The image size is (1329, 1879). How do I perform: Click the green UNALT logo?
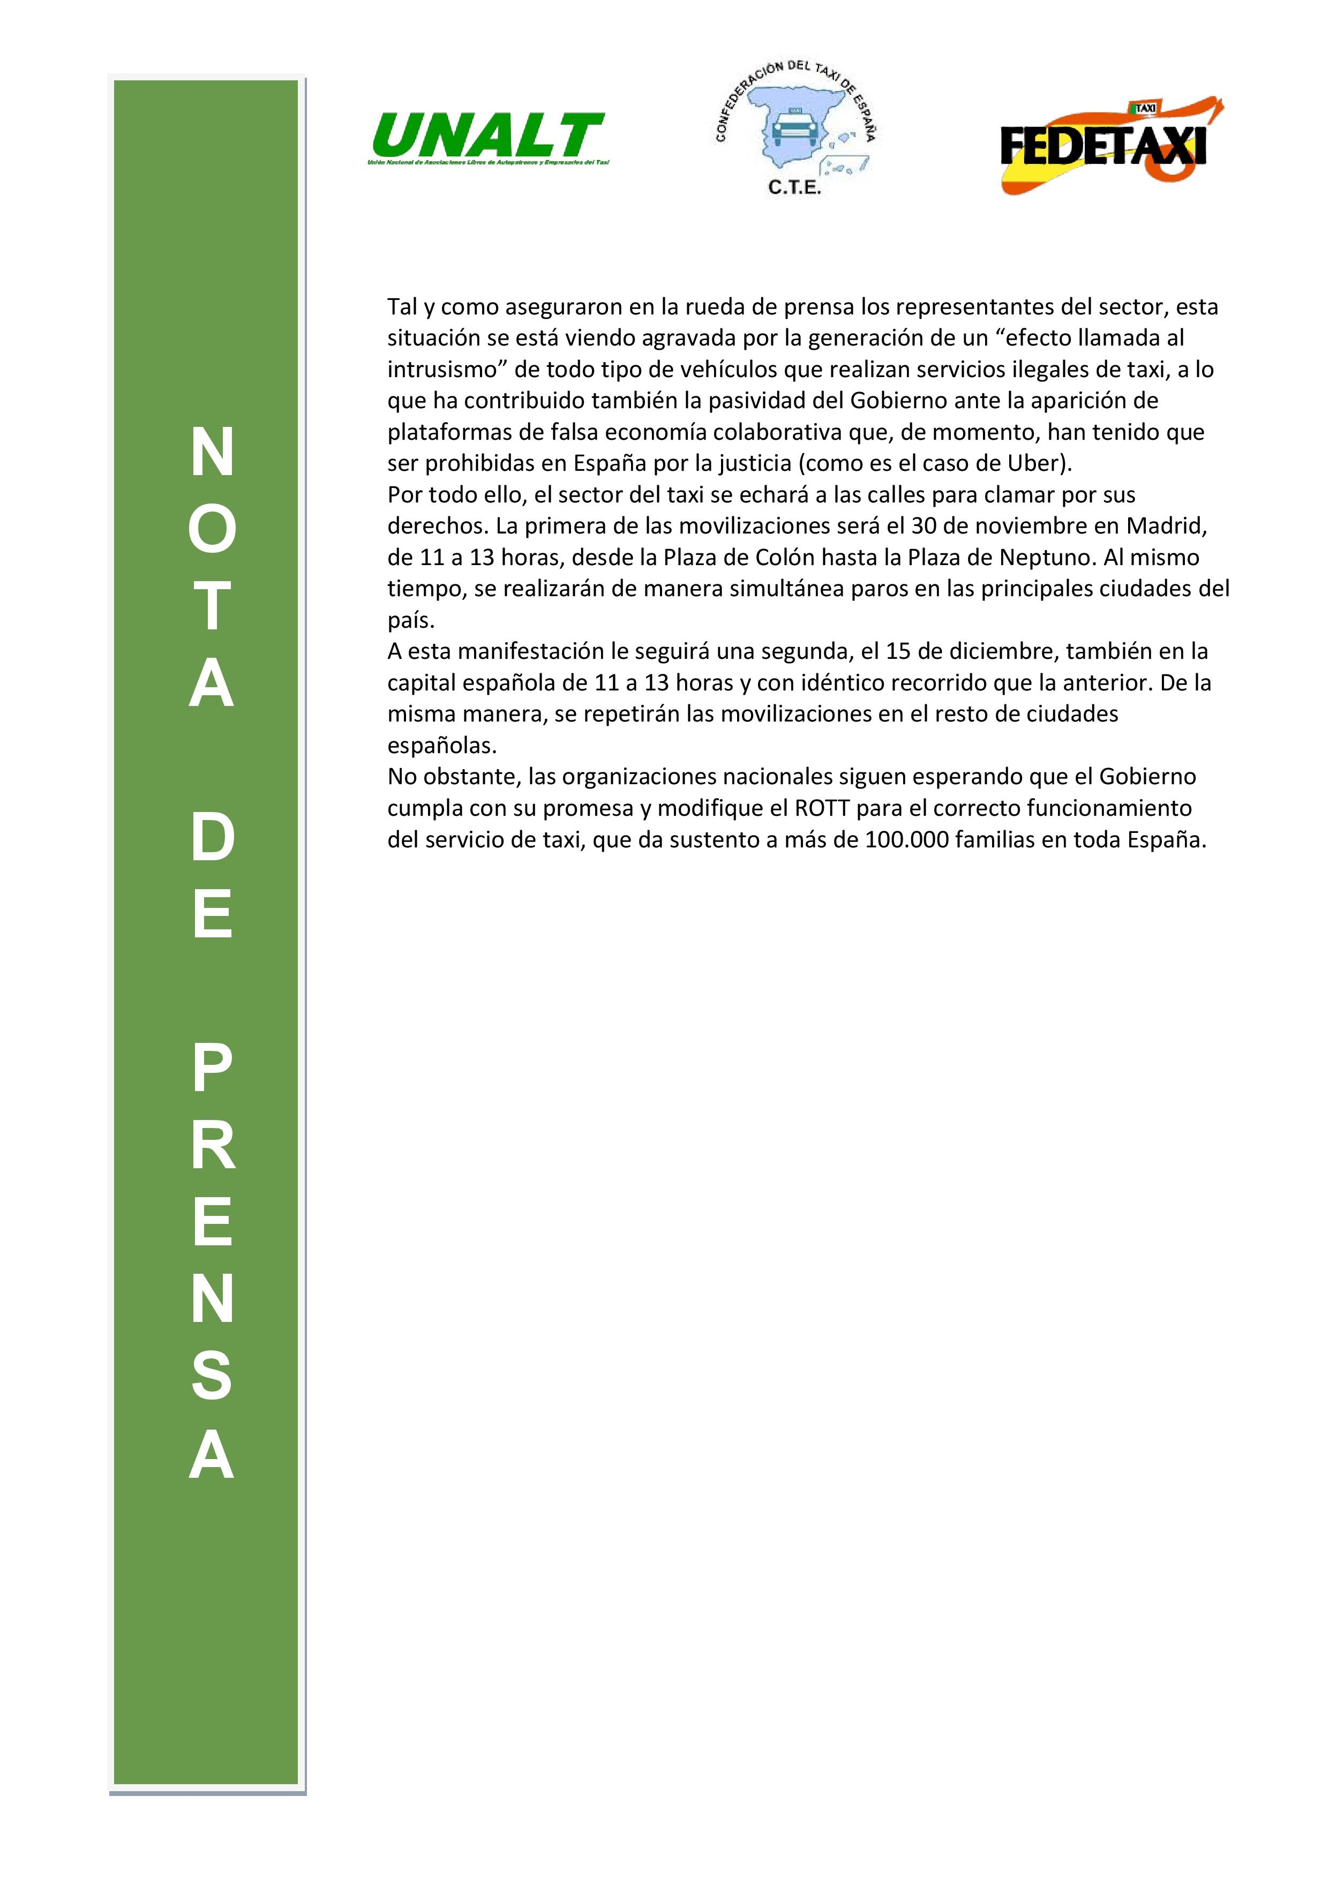(489, 136)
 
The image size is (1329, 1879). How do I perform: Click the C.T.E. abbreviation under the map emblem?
(794, 187)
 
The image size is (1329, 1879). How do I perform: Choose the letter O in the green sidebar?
(212, 529)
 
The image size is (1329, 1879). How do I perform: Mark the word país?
(410, 620)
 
